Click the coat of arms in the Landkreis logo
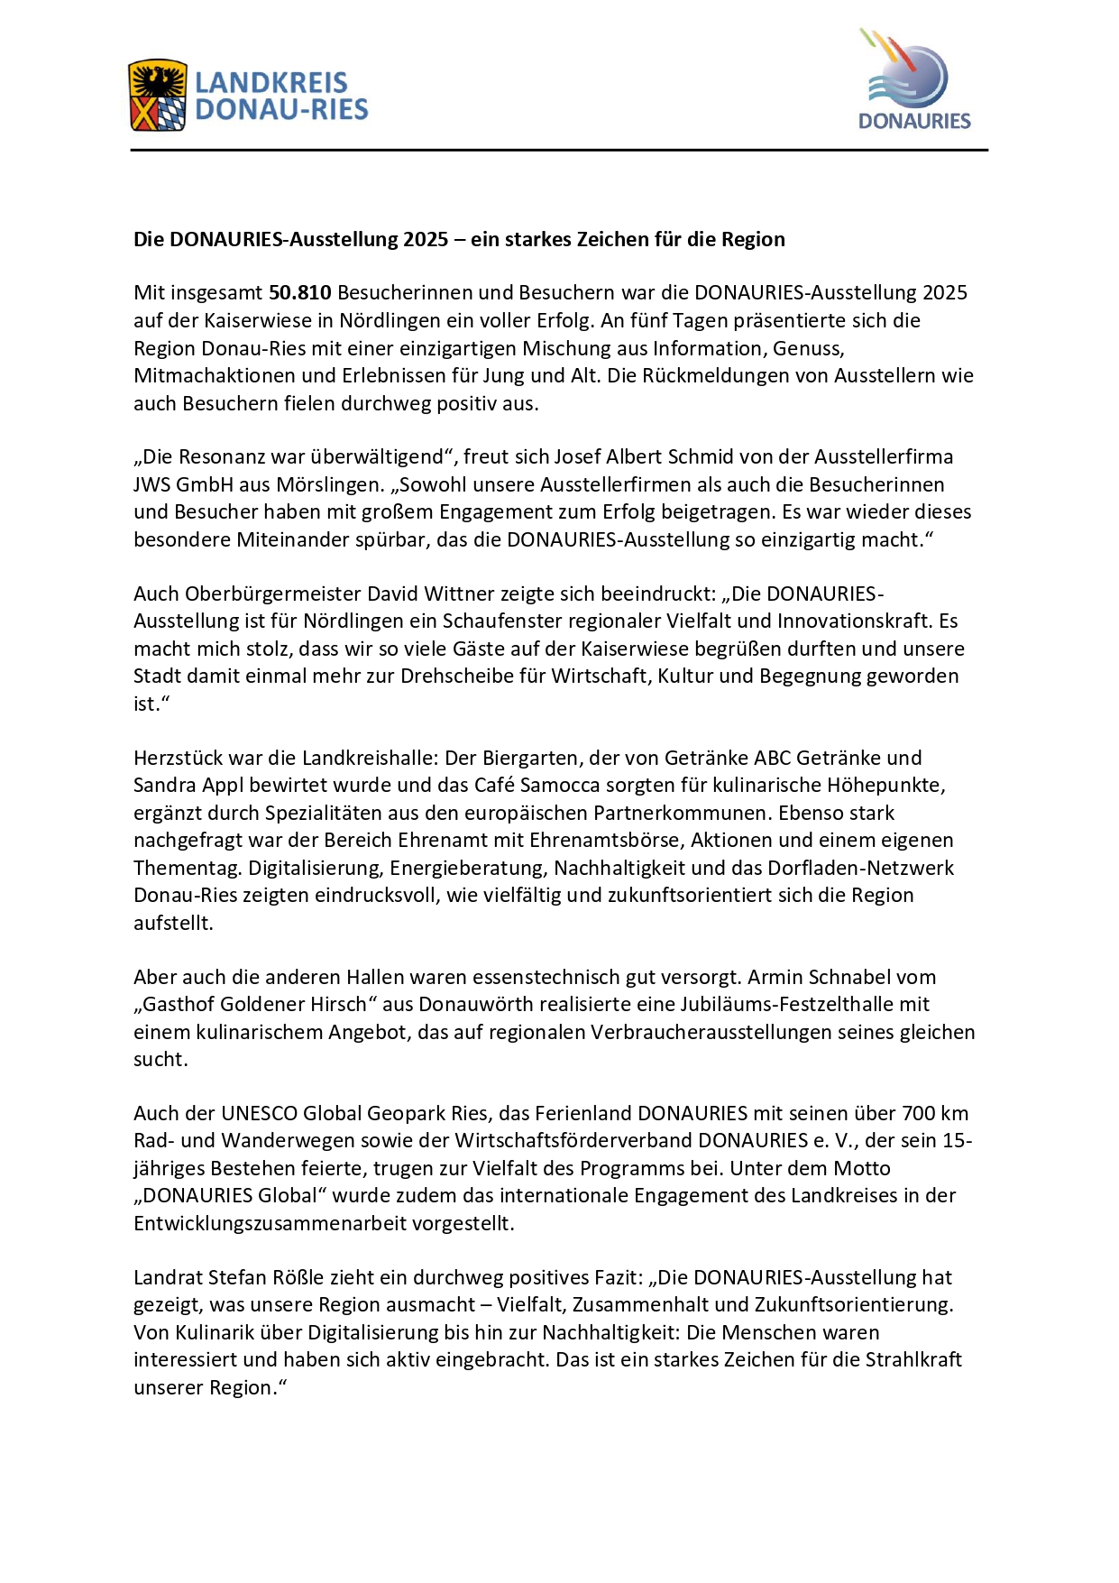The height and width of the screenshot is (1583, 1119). (158, 96)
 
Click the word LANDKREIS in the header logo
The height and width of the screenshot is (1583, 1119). (271, 83)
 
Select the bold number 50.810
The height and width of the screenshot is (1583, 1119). (300, 293)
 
